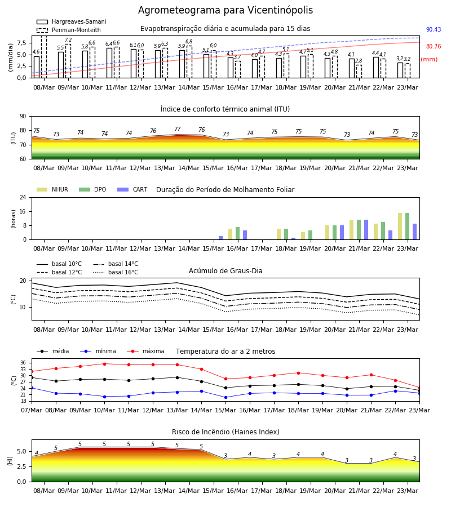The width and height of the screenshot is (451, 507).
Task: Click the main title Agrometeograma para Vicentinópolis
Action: [x=225, y=10]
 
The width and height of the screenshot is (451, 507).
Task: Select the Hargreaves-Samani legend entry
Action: [x=71, y=21]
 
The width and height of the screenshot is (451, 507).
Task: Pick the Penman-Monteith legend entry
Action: [x=69, y=30]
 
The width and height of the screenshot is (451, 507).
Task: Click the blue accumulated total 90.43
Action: [x=434, y=29]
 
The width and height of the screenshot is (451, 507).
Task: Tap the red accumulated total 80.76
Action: [x=434, y=46]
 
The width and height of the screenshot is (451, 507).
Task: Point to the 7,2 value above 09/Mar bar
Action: [x=68, y=40]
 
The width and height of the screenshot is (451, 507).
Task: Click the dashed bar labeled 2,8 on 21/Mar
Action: [x=359, y=72]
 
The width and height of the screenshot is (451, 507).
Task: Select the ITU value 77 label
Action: [x=177, y=129]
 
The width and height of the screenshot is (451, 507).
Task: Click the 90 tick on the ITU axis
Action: [x=23, y=117]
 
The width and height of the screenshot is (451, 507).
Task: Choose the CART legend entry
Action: [x=132, y=189]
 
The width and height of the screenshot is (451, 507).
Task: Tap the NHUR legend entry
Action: [x=52, y=189]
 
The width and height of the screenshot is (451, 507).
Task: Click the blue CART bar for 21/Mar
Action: [x=366, y=230]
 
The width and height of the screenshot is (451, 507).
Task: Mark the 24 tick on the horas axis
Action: [x=23, y=197]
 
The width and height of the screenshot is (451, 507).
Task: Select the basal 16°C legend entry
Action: [x=116, y=272]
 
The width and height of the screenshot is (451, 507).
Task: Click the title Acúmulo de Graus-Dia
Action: [x=225, y=270]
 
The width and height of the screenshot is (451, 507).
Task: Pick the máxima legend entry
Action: [x=145, y=351]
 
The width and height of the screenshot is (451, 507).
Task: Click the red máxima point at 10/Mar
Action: [x=104, y=364]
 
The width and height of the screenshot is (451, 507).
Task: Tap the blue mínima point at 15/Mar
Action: [x=226, y=397]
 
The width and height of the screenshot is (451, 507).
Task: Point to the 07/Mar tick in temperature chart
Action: [x=32, y=410]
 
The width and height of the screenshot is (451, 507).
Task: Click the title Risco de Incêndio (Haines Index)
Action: [x=225, y=432]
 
